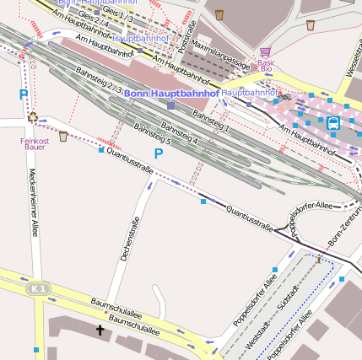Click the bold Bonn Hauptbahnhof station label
click(171, 93)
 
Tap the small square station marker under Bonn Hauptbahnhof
click(171, 105)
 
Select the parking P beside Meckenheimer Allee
click(24, 95)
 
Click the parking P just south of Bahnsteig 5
click(158, 153)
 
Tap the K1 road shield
click(36, 289)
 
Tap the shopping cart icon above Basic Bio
click(266, 52)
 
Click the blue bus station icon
click(333, 123)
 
